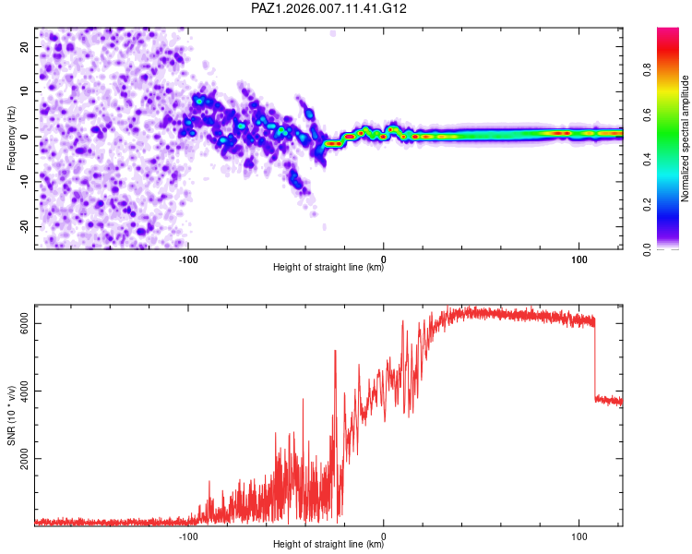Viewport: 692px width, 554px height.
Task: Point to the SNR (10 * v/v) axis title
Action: (12, 418)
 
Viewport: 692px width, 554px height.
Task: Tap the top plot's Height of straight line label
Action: (328, 269)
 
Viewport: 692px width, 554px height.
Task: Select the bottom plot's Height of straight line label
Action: (328, 544)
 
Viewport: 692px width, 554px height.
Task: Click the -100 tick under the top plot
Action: (188, 259)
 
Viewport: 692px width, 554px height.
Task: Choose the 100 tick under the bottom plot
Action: (579, 535)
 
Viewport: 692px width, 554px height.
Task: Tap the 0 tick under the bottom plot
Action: (384, 535)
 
